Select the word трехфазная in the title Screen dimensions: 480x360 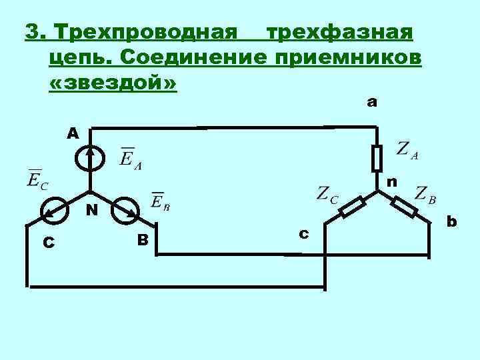(x=340, y=31)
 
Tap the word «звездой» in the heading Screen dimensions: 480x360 (x=113, y=85)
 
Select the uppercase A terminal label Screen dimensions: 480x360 (x=72, y=133)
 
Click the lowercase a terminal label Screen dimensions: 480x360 (x=372, y=102)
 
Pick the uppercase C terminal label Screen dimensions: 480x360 (x=48, y=243)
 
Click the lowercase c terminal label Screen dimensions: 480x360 (x=303, y=233)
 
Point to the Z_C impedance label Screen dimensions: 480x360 (x=327, y=194)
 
